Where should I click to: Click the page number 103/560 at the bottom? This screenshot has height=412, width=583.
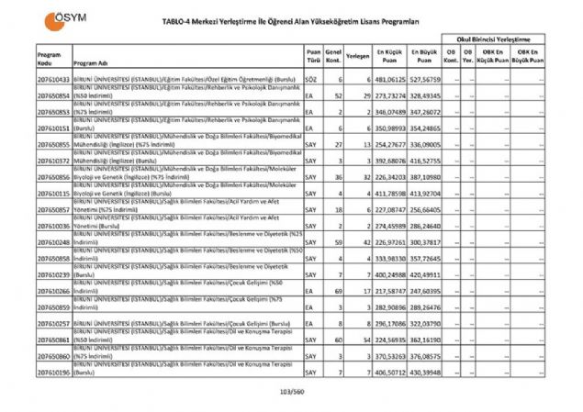291,392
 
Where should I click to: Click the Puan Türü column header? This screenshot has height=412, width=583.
313,56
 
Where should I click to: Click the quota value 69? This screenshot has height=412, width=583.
337,291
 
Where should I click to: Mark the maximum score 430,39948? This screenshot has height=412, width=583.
424,373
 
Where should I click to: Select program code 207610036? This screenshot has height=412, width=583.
54,226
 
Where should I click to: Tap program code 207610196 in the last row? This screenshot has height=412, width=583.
54,373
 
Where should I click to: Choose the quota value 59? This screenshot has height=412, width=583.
337,241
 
